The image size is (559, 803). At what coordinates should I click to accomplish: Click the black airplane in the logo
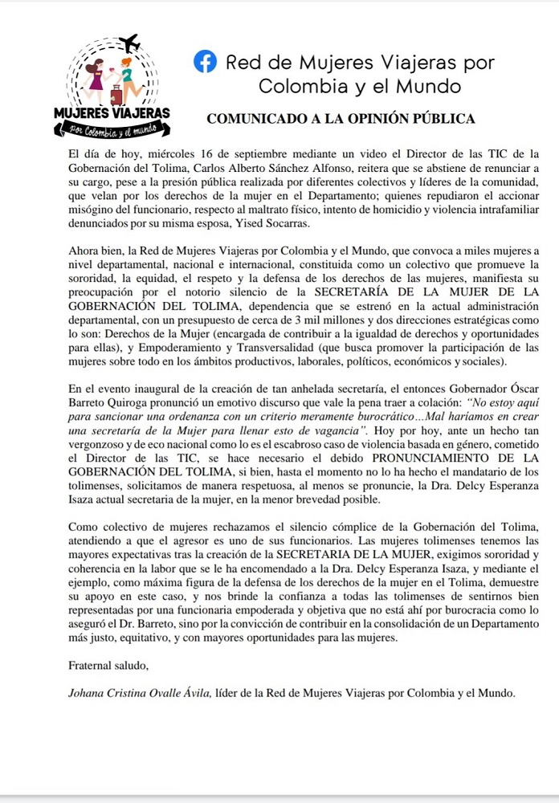129,42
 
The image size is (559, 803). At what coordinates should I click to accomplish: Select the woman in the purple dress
92,77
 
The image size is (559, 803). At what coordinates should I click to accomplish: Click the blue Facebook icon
206,61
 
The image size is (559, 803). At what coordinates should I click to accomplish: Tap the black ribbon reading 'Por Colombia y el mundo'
112,128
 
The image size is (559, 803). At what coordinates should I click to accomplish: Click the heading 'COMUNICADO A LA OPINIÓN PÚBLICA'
341,119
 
